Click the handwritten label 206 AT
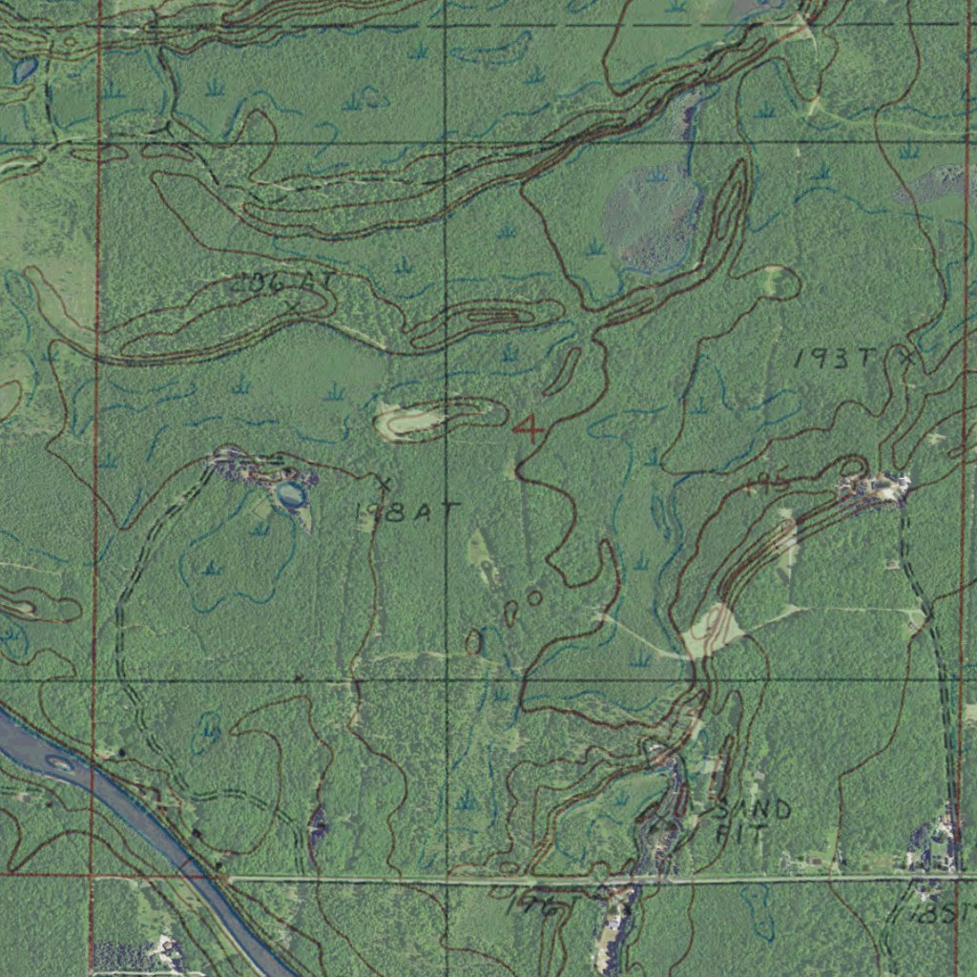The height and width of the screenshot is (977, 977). (272, 281)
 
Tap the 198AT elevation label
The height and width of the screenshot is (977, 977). (393, 512)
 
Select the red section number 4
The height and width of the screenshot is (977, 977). (529, 428)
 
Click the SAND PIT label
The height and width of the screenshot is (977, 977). (753, 821)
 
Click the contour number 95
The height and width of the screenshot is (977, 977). (773, 481)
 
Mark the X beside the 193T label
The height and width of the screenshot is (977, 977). (906, 359)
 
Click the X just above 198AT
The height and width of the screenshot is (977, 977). (384, 482)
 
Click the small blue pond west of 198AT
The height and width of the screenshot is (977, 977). (289, 494)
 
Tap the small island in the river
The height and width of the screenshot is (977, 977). (60, 762)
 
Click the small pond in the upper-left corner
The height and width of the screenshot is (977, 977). (24, 70)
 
